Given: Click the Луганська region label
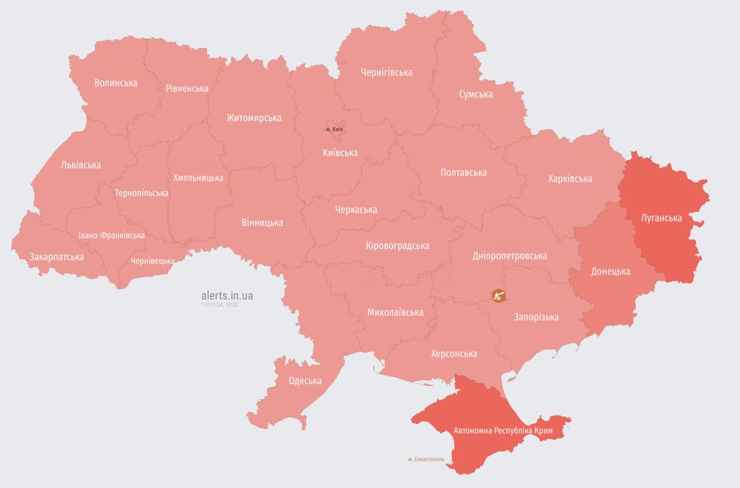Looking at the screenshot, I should click(661, 218).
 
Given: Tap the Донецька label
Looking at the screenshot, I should click(610, 271).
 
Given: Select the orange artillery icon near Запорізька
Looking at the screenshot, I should click(498, 296).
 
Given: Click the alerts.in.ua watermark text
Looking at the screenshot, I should click(227, 296).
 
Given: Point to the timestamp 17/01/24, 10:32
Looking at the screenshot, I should click(220, 304).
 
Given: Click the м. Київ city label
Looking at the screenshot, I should click(334, 129).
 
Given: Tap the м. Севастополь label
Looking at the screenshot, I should click(426, 460).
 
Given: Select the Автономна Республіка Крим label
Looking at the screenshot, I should click(503, 431).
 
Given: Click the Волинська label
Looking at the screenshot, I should click(116, 83).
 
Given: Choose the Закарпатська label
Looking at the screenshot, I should click(57, 257).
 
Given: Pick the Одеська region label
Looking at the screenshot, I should click(305, 381).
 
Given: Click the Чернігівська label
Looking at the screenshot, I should click(386, 73).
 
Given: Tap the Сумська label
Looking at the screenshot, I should click(476, 94).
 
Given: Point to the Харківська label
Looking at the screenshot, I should click(569, 179).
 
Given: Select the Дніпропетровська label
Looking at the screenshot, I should click(509, 256).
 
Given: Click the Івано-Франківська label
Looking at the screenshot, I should click(112, 236).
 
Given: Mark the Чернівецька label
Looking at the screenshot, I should click(152, 261).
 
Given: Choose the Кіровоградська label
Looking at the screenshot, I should click(397, 246).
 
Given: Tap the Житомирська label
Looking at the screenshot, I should click(254, 118).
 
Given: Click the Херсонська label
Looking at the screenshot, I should click(454, 354).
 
